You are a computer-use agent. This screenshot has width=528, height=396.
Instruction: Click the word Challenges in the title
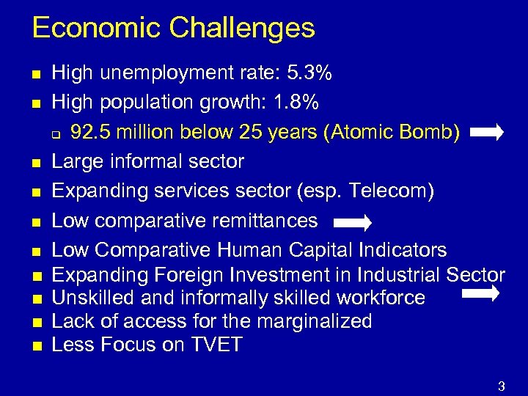point(242,29)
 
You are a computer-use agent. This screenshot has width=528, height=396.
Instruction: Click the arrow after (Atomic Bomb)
point(486,133)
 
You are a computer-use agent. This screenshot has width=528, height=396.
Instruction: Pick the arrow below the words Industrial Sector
point(481,293)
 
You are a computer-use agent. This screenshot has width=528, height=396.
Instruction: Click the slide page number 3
point(502,386)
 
